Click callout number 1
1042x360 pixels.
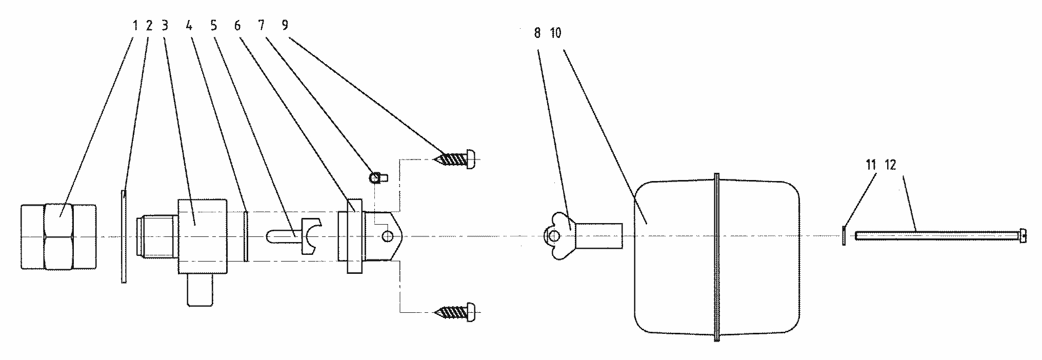(135, 26)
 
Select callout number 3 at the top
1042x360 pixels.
(165, 26)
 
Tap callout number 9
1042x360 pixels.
(285, 26)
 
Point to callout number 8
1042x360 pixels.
(537, 33)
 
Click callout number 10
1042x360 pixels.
(555, 33)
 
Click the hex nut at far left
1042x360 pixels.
(59, 236)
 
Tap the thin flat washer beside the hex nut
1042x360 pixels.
(124, 236)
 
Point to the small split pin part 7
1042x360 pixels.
(378, 178)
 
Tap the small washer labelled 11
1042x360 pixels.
(844, 236)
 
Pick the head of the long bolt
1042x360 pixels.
(1023, 236)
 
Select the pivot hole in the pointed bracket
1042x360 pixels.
(389, 236)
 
